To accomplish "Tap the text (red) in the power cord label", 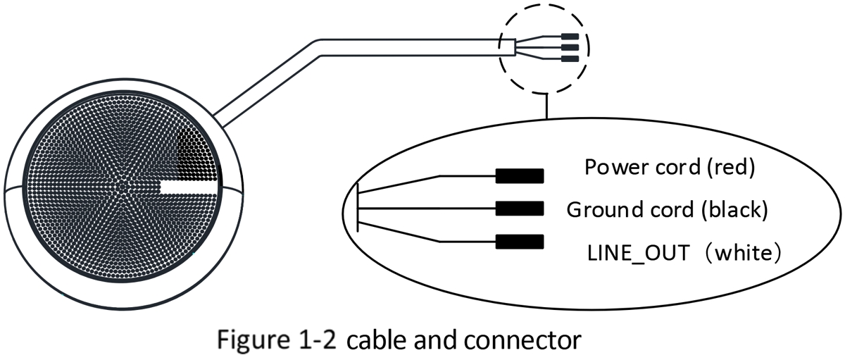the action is [x=731, y=167].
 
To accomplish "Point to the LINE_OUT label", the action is [x=638, y=253].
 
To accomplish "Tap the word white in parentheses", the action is [x=747, y=253].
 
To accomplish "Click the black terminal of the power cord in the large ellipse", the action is [x=520, y=176].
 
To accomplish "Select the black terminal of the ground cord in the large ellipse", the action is [x=520, y=209].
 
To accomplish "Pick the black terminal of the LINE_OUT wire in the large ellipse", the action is [x=520, y=242].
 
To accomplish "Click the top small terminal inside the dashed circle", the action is [x=570, y=37].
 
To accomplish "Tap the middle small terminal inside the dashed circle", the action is [x=570, y=47].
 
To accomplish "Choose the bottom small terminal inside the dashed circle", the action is [x=570, y=59].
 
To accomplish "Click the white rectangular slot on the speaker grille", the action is [x=189, y=187].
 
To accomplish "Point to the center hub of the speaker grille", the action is [x=122, y=187].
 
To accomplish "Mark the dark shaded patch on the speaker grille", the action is [x=197, y=156].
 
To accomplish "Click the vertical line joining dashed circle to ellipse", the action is [x=546, y=106].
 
